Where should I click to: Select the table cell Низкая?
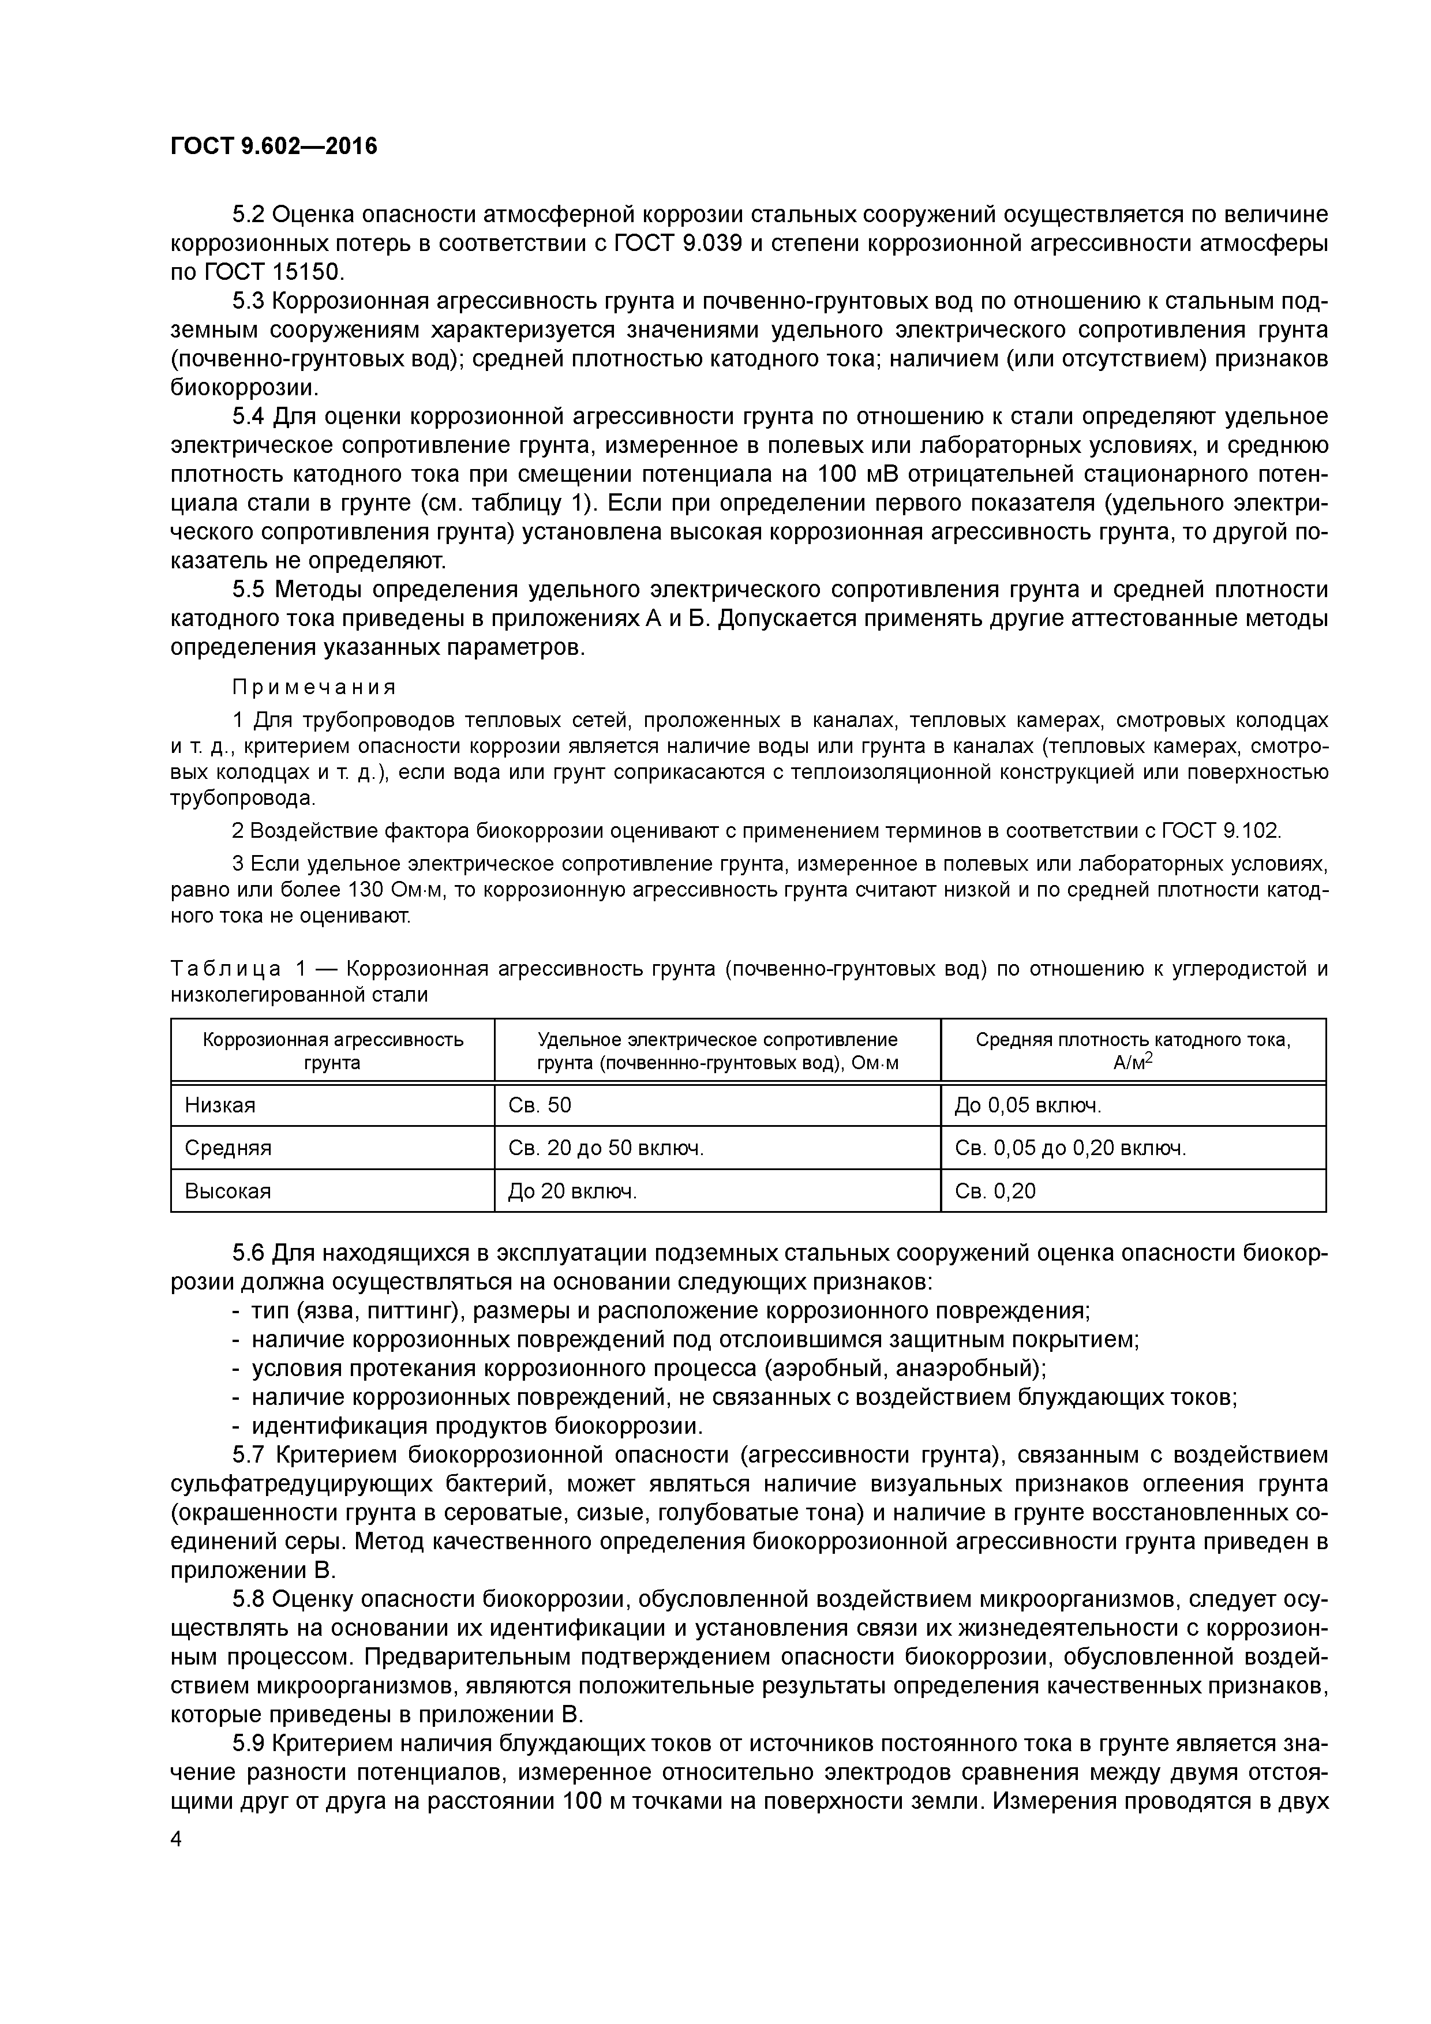click(x=220, y=1104)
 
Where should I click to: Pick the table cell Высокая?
click(x=227, y=1191)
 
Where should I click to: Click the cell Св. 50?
click(x=540, y=1104)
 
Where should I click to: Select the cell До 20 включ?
click(x=572, y=1191)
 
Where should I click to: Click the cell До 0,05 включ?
click(x=1027, y=1104)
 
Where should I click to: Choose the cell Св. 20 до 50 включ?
click(x=606, y=1148)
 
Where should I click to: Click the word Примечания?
click(x=314, y=687)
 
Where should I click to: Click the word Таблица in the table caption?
click(x=226, y=969)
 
